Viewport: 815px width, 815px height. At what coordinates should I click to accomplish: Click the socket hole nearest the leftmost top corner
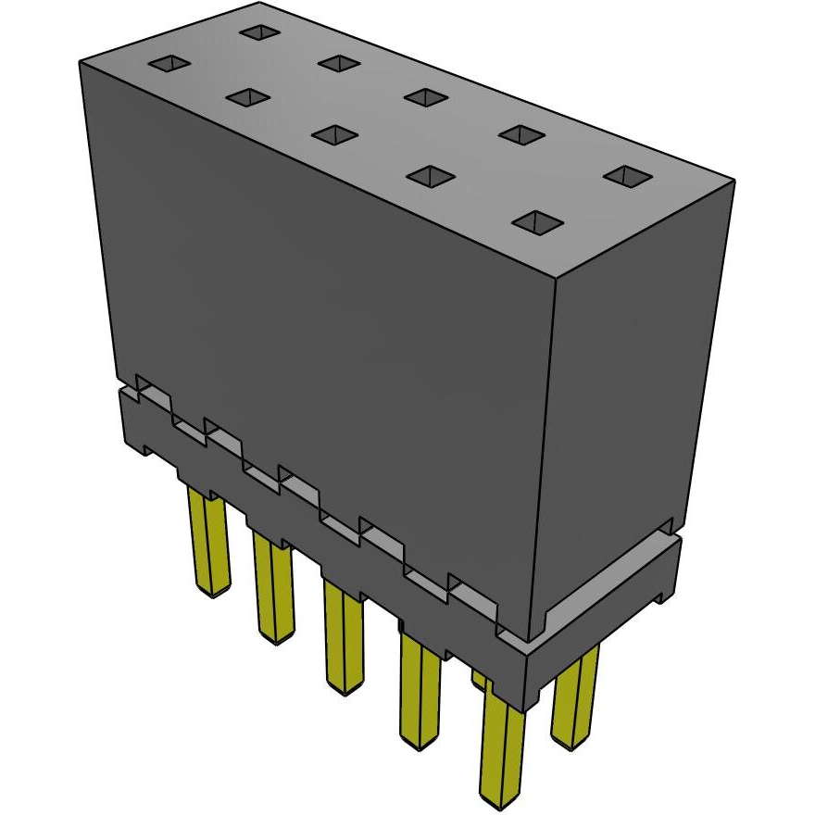click(170, 64)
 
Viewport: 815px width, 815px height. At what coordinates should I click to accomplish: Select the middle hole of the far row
click(426, 96)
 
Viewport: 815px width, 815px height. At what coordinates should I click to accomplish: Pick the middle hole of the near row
click(334, 134)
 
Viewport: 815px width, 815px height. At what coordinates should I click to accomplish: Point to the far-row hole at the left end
click(260, 32)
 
